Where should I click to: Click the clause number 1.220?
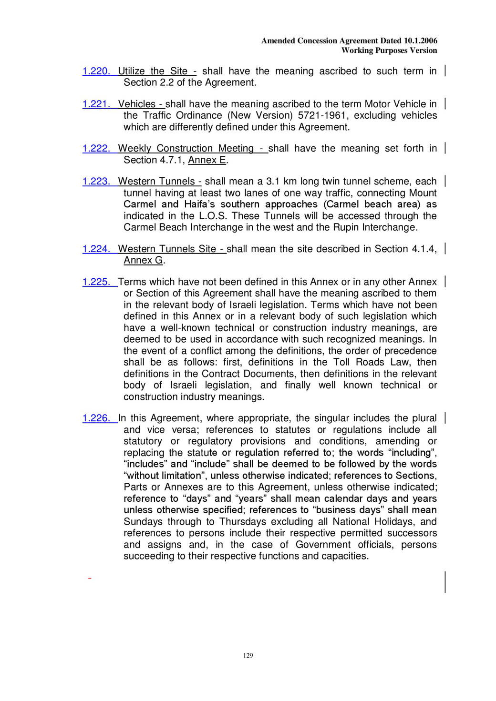(96, 71)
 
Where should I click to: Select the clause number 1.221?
(96, 104)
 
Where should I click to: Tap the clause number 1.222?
(96, 149)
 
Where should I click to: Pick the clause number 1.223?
(96, 182)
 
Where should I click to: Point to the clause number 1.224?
(96, 249)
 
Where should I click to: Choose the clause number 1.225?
(96, 282)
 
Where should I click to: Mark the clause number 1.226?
(96, 418)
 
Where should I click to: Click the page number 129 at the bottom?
(248, 656)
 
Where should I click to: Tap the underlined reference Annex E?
(207, 160)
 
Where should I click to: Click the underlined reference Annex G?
(143, 261)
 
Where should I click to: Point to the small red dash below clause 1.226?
(89, 579)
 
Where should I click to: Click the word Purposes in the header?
(389, 51)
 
